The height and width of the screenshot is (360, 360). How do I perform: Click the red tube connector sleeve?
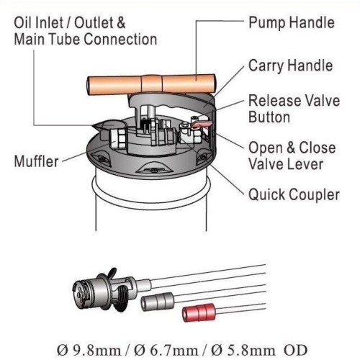[x=202, y=312]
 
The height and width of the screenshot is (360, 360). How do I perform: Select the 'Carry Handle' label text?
[x=292, y=66]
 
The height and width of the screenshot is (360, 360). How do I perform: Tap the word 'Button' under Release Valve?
[x=271, y=117]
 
